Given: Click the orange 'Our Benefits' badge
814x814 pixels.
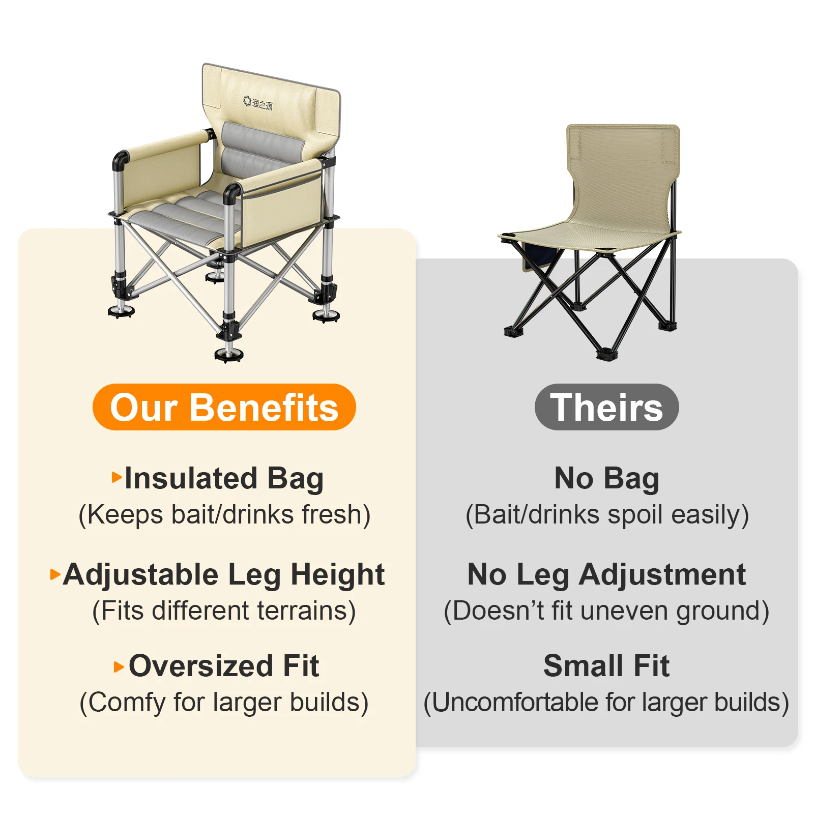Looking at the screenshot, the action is [224, 407].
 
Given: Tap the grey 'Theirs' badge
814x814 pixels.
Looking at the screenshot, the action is [606, 407].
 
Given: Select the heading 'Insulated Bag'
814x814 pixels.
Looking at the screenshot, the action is [224, 479].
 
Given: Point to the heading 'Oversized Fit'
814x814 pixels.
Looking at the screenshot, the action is [224, 665].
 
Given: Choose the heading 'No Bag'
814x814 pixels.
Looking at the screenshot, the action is [606, 479].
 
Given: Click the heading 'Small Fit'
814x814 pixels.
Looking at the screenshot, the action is [606, 665].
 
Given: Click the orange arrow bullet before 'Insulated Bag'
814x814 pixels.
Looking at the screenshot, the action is [117, 477].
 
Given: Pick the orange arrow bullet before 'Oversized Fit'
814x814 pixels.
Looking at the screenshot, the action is [119, 667].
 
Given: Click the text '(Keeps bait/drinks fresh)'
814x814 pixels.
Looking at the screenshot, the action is [224, 515].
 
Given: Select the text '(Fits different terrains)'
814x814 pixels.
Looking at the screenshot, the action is [224, 611].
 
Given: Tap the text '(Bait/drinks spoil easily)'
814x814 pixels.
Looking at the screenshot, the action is [607, 515].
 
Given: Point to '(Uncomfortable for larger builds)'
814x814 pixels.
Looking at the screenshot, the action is [606, 703].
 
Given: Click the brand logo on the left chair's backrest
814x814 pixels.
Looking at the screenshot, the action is [257, 103].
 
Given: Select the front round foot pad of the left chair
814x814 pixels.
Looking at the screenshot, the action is [229, 354].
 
